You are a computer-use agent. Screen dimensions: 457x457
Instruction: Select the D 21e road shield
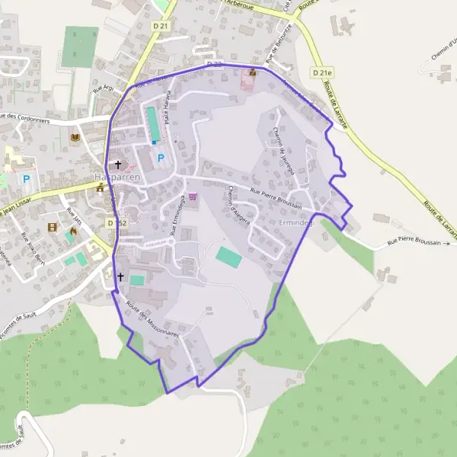[x=321, y=72]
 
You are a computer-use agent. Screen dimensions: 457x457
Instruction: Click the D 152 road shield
[x=116, y=222]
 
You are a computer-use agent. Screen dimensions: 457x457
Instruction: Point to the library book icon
[x=74, y=137]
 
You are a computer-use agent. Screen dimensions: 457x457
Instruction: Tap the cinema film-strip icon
[x=52, y=227]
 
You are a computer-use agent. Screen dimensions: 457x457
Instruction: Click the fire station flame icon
[x=74, y=232]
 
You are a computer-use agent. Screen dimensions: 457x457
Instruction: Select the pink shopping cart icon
[x=192, y=197]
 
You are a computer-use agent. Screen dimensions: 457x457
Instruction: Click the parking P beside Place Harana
[x=160, y=158]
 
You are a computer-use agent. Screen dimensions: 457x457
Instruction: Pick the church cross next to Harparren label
[x=117, y=164]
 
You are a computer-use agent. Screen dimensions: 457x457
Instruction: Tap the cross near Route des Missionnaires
[x=120, y=278]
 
